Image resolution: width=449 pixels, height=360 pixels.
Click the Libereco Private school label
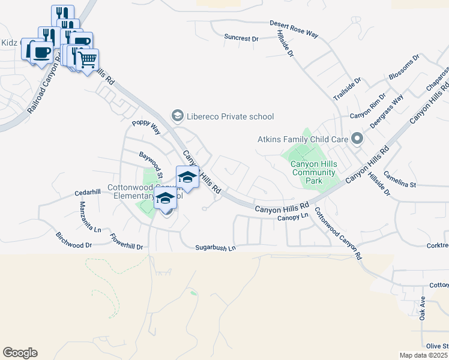pyautogui.click(x=231, y=116)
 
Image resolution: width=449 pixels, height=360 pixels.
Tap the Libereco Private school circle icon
pyautogui.click(x=177, y=115)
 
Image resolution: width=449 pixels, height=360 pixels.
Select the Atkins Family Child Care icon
pyautogui.click(x=357, y=139)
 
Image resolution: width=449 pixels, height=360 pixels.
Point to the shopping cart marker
pyautogui.click(x=88, y=60)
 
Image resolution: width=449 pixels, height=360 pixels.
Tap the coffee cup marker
pyautogui.click(x=41, y=52)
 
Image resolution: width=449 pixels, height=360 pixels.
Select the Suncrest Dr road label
pyautogui.click(x=241, y=38)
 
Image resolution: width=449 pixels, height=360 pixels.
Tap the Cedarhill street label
pyautogui.click(x=87, y=193)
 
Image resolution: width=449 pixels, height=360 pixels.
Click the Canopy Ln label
pyautogui.click(x=292, y=217)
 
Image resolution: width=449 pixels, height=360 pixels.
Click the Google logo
pyautogui.click(x=20, y=353)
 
